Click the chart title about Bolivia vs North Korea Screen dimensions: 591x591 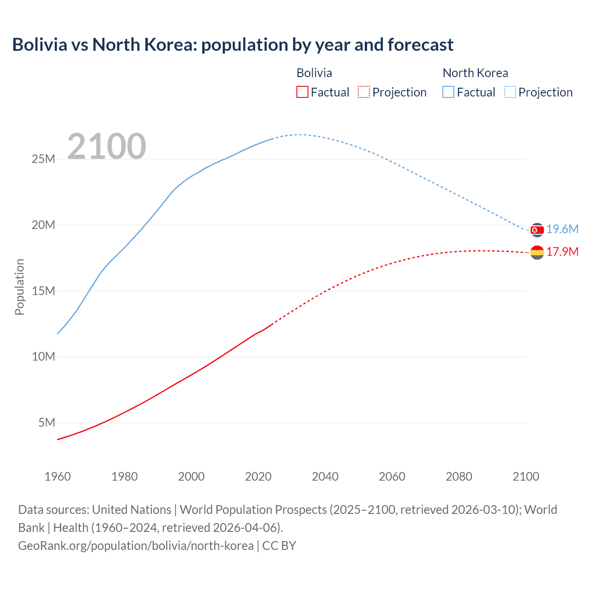(233, 45)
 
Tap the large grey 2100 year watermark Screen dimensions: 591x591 (107, 146)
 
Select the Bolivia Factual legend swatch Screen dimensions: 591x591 (302, 92)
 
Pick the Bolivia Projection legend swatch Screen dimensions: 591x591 (364, 92)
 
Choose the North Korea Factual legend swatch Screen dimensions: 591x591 (448, 92)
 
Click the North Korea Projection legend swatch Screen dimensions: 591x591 (510, 92)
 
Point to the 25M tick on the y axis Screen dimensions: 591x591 (43, 159)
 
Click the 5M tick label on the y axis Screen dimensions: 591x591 (47, 422)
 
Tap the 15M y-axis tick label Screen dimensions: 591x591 (43, 291)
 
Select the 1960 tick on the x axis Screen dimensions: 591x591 (58, 476)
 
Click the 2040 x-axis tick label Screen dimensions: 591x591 (325, 476)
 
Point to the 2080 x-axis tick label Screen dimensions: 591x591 (459, 476)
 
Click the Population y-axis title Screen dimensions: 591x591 (19, 287)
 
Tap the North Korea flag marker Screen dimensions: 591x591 (537, 229)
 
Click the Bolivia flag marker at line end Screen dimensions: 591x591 (537, 252)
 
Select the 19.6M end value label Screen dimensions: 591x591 (562, 229)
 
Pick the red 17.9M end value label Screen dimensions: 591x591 (562, 252)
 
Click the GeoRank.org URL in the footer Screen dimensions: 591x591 (136, 546)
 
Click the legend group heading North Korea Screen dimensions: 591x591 (475, 73)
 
